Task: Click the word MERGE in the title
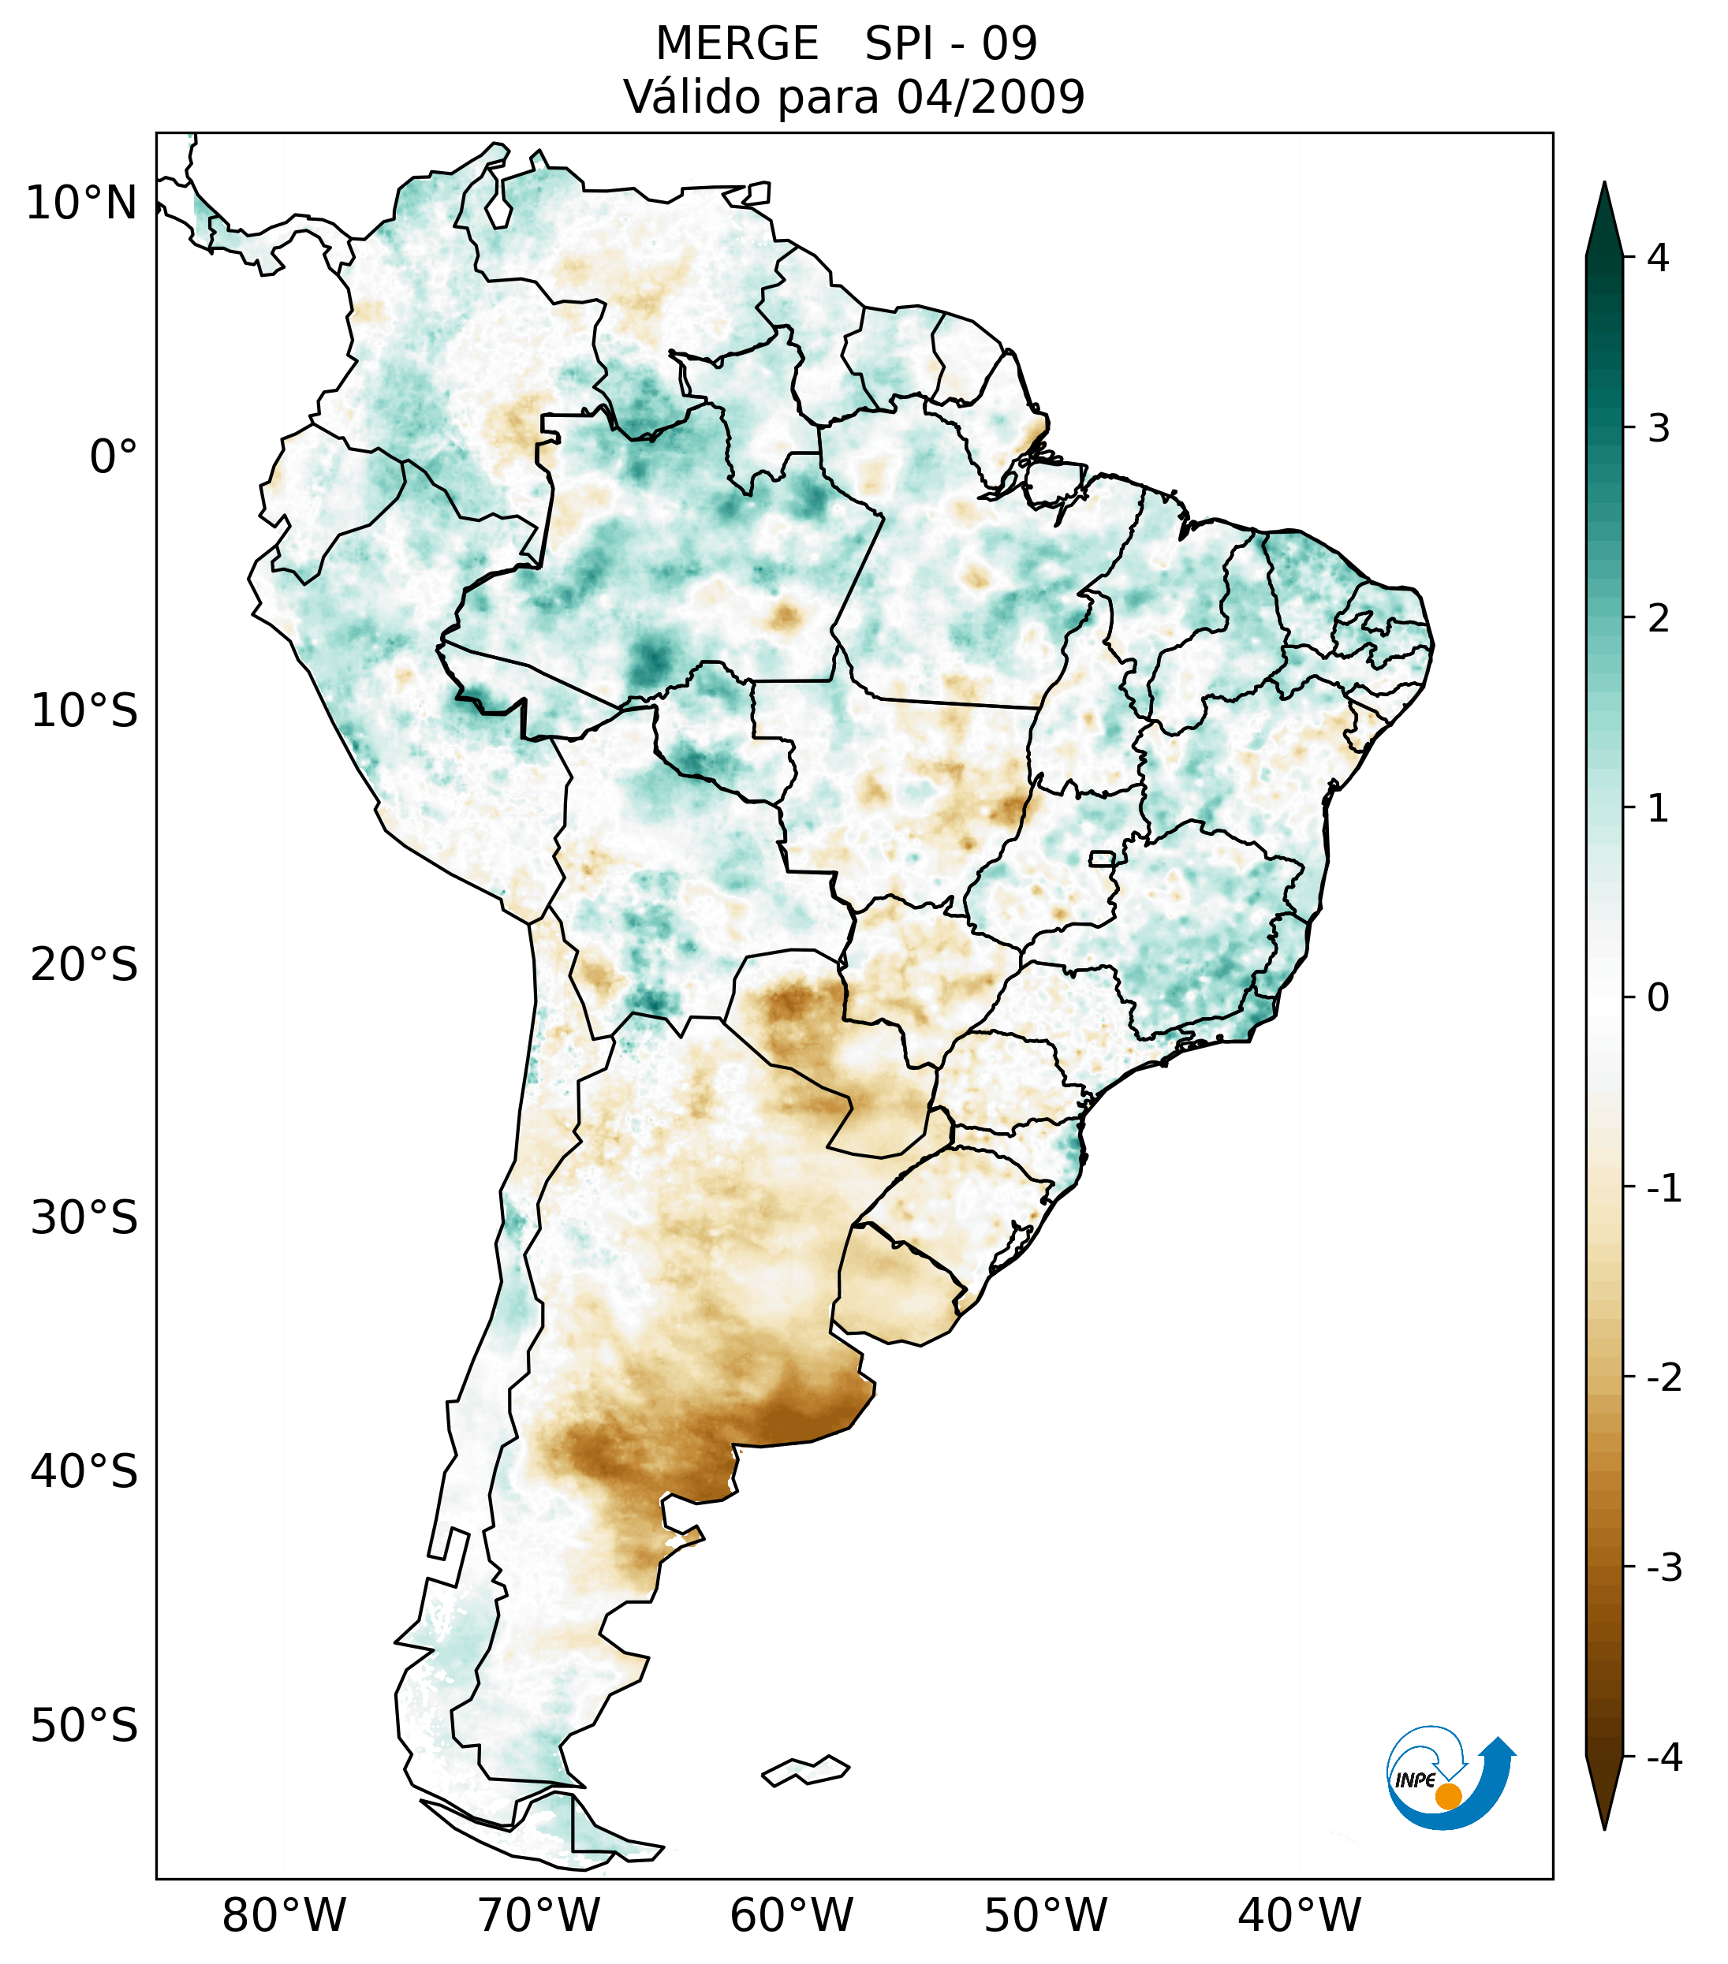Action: pyautogui.click(x=737, y=44)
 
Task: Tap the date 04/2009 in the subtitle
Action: pyautogui.click(x=990, y=97)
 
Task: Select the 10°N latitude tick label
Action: pyautogui.click(x=82, y=203)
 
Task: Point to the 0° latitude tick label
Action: pyautogui.click(x=114, y=457)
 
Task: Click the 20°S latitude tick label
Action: pyautogui.click(x=84, y=965)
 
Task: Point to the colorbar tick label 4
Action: pyautogui.click(x=1658, y=258)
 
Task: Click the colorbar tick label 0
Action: pyautogui.click(x=1658, y=997)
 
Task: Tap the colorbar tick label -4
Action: pyautogui.click(x=1663, y=1757)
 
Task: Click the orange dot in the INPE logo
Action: pyautogui.click(x=1448, y=1796)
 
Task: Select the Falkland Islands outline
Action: pyautogui.click(x=805, y=1770)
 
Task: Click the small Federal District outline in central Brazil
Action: pyautogui.click(x=1101, y=858)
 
